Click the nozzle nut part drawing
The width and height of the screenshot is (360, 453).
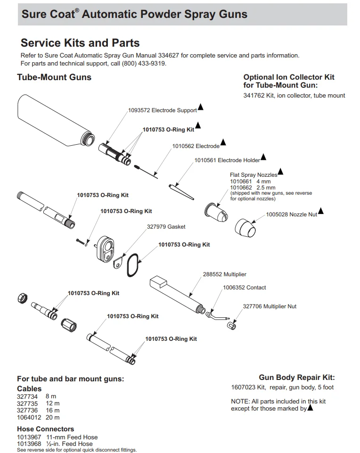[245, 228]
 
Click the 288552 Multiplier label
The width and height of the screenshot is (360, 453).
[224, 274]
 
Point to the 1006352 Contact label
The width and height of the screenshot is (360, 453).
[244, 288]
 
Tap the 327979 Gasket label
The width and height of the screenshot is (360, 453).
[166, 227]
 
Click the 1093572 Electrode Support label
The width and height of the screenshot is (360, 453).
[162, 111]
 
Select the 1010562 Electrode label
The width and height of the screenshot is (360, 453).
[196, 146]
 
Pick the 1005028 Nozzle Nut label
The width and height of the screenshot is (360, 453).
[291, 214]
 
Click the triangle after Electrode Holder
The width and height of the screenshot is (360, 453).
[263, 157]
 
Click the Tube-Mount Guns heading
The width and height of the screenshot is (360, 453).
[54, 77]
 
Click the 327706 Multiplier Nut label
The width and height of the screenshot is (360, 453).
[270, 306]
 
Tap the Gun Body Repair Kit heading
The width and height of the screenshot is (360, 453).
[297, 378]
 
